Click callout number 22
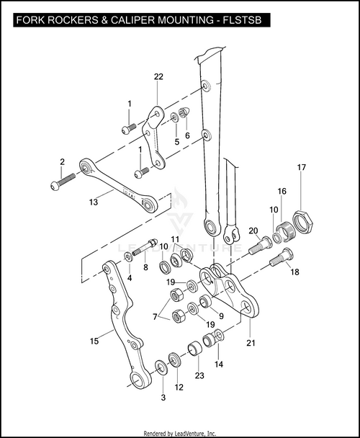coord(158,77)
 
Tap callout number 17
coord(302,168)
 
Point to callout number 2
coord(62,161)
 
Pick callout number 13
coord(93,202)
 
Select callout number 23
coord(199,375)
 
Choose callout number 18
coord(293,272)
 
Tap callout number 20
coord(253,231)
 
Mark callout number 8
coord(145,267)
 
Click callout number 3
coord(163,397)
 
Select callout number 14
coord(219,365)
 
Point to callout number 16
coord(282,192)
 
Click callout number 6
coord(187,135)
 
